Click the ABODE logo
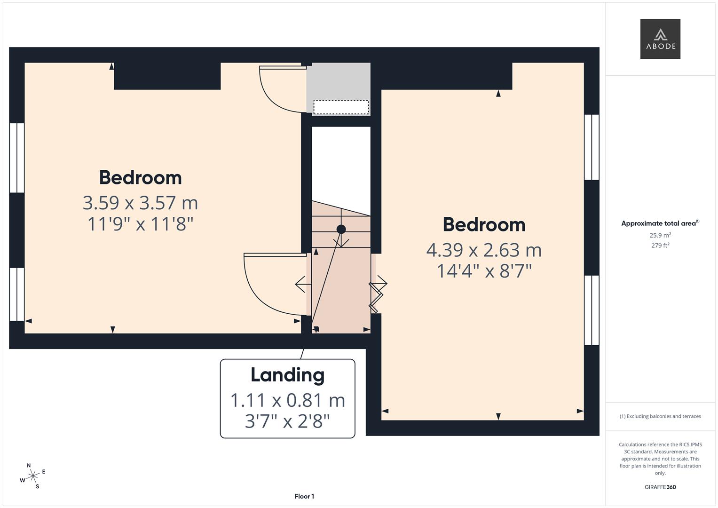pyautogui.click(x=660, y=39)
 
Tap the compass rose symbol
pyautogui.click(x=32, y=476)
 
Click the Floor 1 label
pyautogui.click(x=304, y=496)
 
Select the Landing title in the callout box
pyautogui.click(x=287, y=375)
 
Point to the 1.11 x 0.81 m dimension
pyautogui.click(x=287, y=400)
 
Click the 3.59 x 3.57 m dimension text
pyautogui.click(x=140, y=203)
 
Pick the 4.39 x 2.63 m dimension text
pyautogui.click(x=484, y=250)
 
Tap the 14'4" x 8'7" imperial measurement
pyautogui.click(x=484, y=271)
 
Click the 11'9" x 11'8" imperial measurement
pyautogui.click(x=140, y=224)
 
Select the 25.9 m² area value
pyautogui.click(x=660, y=235)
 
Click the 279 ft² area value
pyautogui.click(x=660, y=246)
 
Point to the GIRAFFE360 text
pyautogui.click(x=660, y=487)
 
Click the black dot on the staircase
pyautogui.click(x=341, y=229)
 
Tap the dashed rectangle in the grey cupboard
pyautogui.click(x=341, y=107)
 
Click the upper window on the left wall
pyautogui.click(x=17, y=158)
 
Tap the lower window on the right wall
pyautogui.click(x=592, y=310)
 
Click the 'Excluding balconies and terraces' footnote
pyautogui.click(x=660, y=416)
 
